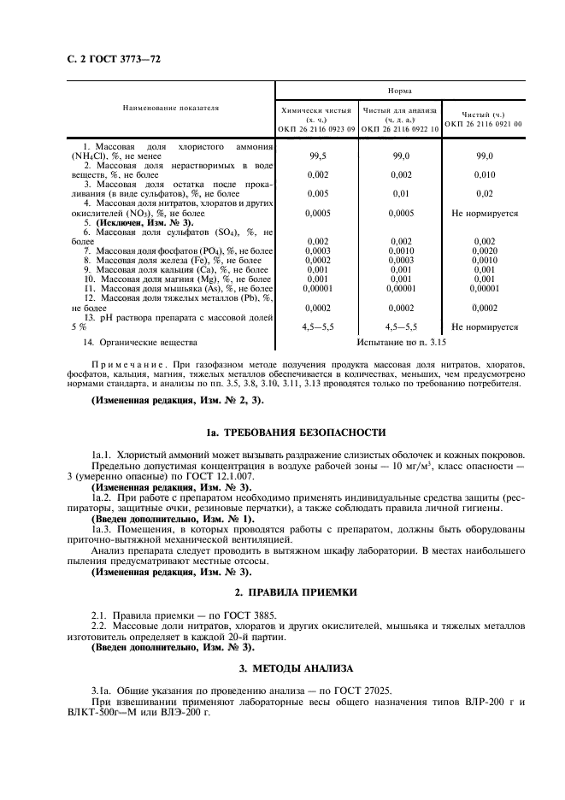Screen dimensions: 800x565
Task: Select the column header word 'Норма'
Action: (399, 89)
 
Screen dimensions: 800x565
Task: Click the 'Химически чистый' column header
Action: (317, 111)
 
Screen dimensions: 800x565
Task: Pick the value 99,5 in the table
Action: (317, 156)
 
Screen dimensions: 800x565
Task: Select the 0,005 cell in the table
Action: (317, 193)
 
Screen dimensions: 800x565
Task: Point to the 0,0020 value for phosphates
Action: (485, 250)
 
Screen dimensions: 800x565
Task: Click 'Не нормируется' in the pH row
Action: (485, 326)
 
